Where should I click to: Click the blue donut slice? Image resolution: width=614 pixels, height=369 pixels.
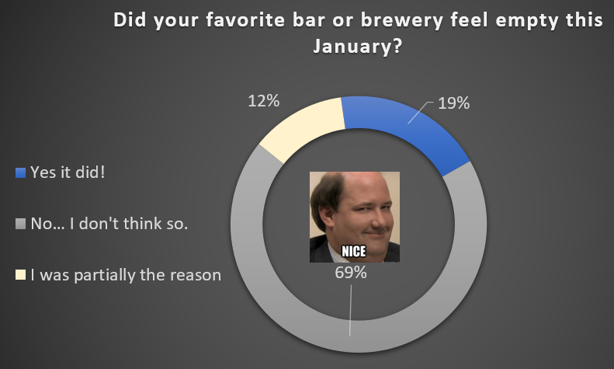[408, 129]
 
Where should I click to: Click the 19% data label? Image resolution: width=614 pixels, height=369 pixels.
[453, 103]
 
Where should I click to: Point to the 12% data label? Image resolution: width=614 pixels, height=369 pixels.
[264, 101]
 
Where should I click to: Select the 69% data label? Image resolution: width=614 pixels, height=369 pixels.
[350, 273]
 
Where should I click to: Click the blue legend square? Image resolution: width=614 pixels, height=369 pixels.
[20, 172]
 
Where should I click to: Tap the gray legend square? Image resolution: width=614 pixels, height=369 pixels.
[20, 224]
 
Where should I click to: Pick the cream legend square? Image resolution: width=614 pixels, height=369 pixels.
[20, 275]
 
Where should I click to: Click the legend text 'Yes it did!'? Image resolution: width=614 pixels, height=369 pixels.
[68, 172]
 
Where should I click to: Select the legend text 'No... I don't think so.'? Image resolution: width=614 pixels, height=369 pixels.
[109, 224]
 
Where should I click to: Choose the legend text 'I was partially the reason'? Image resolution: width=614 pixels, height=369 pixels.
[126, 275]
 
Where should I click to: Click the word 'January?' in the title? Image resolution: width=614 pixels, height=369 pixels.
[358, 47]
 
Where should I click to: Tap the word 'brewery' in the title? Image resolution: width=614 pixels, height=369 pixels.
[401, 20]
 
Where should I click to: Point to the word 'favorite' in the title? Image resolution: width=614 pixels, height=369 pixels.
[246, 19]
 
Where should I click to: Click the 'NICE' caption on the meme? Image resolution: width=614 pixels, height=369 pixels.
[354, 252]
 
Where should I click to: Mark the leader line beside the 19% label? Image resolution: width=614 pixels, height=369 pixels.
[421, 113]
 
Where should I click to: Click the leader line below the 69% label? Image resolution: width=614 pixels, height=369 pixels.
[350, 310]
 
